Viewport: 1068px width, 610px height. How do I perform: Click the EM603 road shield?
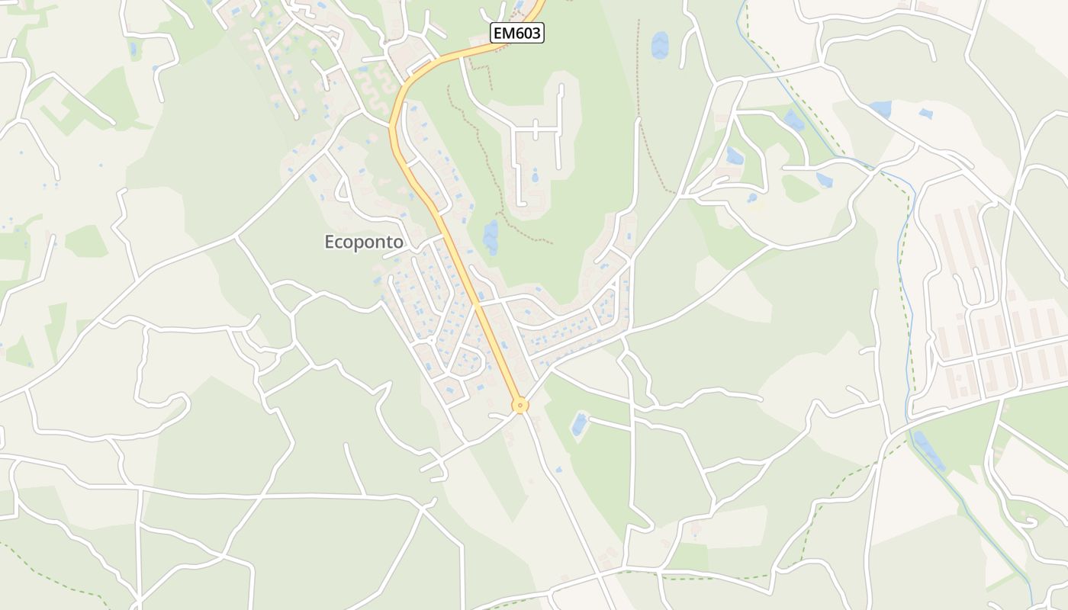pyautogui.click(x=516, y=33)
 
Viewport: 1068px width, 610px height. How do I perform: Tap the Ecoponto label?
pyautogui.click(x=364, y=242)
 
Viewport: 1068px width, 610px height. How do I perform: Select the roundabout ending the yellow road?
pyautogui.click(x=520, y=406)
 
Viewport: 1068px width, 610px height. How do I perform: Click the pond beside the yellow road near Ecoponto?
pyautogui.click(x=491, y=236)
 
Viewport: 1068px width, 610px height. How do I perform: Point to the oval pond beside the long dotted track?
pyautogui.click(x=660, y=45)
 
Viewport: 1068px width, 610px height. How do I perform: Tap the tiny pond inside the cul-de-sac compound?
pyautogui.click(x=534, y=178)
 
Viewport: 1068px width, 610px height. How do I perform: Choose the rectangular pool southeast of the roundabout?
pyautogui.click(x=580, y=424)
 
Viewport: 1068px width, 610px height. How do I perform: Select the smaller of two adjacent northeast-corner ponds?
pyautogui.click(x=925, y=114)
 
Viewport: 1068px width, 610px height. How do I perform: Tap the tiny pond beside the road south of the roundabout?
pyautogui.click(x=558, y=469)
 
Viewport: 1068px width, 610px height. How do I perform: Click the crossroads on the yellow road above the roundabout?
pyautogui.click(x=477, y=303)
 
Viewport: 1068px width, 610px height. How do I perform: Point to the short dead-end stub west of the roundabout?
pyautogui.click(x=500, y=415)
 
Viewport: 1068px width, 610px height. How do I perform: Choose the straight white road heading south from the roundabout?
pyautogui.click(x=565, y=496)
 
